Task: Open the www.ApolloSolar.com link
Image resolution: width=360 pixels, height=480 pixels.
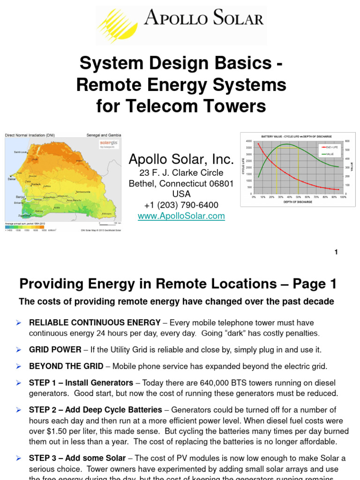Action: [x=181, y=216]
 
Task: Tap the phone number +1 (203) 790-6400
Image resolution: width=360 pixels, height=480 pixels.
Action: [x=181, y=205]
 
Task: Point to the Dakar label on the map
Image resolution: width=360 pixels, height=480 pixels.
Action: [x=12, y=179]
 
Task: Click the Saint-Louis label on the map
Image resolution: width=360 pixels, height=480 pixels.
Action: [x=21, y=152]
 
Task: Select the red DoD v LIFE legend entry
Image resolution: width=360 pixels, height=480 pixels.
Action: [x=330, y=147]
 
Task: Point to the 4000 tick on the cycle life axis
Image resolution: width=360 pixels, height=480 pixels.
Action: [x=248, y=141]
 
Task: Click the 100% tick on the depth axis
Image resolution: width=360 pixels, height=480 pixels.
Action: [x=343, y=197]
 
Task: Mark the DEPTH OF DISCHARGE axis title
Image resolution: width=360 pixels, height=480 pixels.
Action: [x=298, y=202]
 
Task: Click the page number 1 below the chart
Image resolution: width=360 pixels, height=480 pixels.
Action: [x=336, y=252]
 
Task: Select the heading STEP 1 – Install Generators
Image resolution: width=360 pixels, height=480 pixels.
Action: [x=81, y=383]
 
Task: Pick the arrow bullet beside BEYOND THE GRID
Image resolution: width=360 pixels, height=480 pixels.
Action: [x=19, y=367]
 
